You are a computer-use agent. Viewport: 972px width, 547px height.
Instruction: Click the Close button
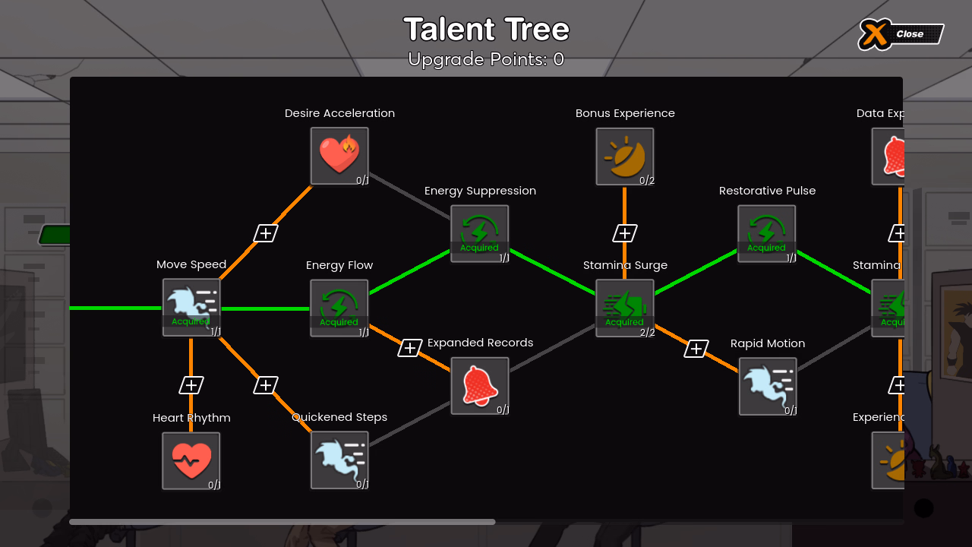(x=901, y=34)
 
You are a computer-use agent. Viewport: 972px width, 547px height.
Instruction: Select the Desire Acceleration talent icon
(x=339, y=156)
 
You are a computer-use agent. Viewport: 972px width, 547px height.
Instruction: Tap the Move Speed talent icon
(x=191, y=307)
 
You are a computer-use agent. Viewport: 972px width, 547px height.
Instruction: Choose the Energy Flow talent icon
(x=339, y=308)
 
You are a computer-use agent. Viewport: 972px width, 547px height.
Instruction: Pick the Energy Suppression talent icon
(x=480, y=233)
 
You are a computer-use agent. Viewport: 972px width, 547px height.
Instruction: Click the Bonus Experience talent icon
(x=625, y=157)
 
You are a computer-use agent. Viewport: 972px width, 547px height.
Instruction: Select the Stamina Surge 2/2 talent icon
(x=625, y=308)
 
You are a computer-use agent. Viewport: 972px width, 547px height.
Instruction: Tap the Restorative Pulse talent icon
(x=767, y=233)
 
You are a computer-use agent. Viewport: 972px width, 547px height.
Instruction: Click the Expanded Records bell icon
(x=480, y=386)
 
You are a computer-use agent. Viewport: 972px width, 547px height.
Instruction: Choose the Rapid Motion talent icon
(x=768, y=387)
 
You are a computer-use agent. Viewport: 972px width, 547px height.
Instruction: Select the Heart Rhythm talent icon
(x=191, y=461)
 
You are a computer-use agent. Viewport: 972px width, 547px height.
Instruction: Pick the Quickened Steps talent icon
(x=339, y=460)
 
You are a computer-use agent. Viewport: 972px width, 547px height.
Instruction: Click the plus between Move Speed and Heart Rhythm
(x=191, y=385)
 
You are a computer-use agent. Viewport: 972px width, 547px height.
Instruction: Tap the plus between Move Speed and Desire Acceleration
(x=265, y=233)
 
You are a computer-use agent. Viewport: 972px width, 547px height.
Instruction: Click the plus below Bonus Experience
(x=625, y=233)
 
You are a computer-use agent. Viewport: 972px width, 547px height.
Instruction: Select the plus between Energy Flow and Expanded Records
(x=410, y=348)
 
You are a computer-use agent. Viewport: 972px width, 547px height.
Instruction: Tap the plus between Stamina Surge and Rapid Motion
(x=696, y=349)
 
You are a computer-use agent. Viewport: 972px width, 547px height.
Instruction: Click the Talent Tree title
(x=486, y=30)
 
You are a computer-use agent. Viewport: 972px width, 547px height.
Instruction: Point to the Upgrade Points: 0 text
(x=486, y=59)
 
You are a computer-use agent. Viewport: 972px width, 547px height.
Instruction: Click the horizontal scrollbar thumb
(x=282, y=522)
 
